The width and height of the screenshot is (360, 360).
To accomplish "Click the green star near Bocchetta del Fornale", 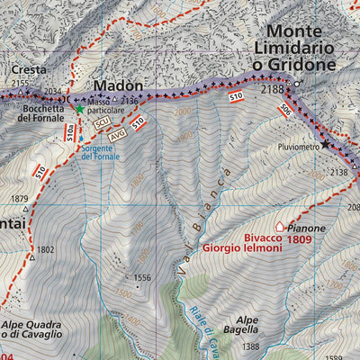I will [x=79, y=109].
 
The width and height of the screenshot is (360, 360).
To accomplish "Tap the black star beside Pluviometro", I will [x=325, y=144].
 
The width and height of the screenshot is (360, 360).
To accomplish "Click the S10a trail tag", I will [x=69, y=135].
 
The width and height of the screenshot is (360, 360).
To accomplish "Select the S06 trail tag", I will [x=284, y=109].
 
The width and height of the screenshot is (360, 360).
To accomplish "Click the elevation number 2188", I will [x=272, y=89].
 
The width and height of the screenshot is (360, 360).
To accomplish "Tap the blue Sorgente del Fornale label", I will [x=100, y=150].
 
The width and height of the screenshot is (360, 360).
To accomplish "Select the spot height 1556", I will [x=141, y=278].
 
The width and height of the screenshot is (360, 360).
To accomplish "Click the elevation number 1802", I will [x=46, y=249].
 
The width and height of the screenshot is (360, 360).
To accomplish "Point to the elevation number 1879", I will [x=19, y=199].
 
